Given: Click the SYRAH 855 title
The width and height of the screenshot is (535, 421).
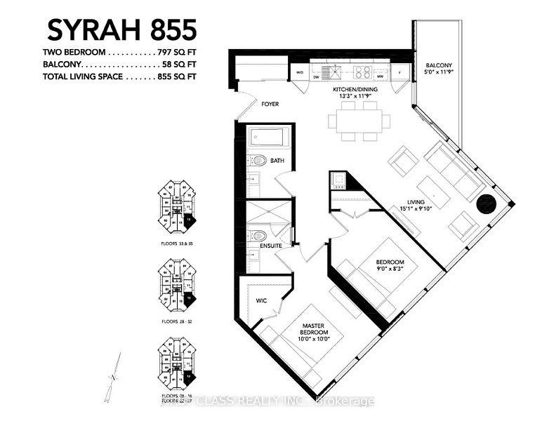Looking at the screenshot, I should coord(121,30).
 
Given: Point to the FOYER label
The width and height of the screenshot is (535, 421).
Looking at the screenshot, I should coord(270,104).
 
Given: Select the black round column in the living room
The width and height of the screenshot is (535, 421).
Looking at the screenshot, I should coord(485,204).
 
